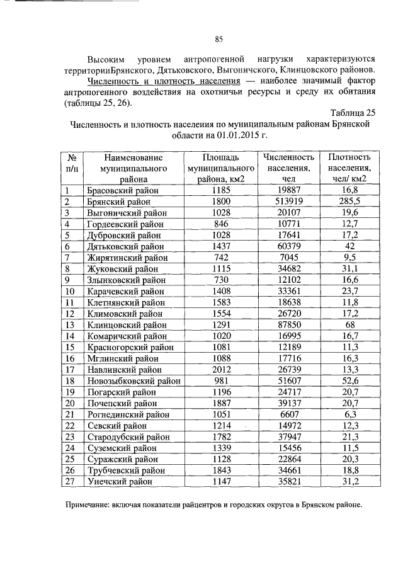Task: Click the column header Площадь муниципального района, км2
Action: [x=221, y=168]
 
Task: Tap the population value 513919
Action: [x=289, y=202]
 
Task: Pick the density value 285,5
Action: [x=347, y=202]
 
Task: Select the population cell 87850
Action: [x=289, y=325]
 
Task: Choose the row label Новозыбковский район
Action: [x=132, y=381]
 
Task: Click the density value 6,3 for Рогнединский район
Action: [x=347, y=414]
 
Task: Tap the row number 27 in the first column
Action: [x=71, y=481]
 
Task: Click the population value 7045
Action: [x=289, y=258]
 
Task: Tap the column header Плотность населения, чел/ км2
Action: [x=347, y=168]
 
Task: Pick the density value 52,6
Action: [x=347, y=381]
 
